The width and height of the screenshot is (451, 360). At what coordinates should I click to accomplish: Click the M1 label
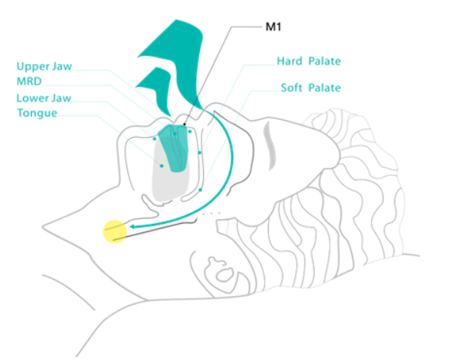(273, 27)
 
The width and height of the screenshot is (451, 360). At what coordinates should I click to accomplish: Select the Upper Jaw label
(44, 67)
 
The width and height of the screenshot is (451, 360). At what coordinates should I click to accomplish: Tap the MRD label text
(29, 81)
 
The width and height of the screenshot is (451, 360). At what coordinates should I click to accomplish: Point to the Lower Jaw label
(43, 98)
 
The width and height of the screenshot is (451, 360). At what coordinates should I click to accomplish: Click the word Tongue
(37, 113)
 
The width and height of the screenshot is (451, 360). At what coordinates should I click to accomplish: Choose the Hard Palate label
(309, 61)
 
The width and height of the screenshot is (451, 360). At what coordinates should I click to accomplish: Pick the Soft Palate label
(311, 87)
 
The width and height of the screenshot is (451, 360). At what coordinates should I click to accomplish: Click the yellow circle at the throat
(115, 231)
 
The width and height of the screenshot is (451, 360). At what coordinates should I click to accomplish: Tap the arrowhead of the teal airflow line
(133, 227)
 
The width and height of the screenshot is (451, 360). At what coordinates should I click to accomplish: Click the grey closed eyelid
(270, 146)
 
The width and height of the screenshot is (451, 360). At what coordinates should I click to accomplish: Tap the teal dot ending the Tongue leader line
(162, 166)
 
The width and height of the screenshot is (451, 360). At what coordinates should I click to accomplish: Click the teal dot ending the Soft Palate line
(201, 190)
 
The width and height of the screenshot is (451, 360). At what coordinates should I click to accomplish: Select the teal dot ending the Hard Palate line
(200, 153)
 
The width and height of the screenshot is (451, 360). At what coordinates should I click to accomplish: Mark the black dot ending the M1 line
(184, 125)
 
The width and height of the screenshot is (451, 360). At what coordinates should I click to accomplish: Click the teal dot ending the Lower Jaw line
(155, 139)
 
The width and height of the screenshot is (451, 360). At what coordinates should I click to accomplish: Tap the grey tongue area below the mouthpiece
(170, 185)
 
